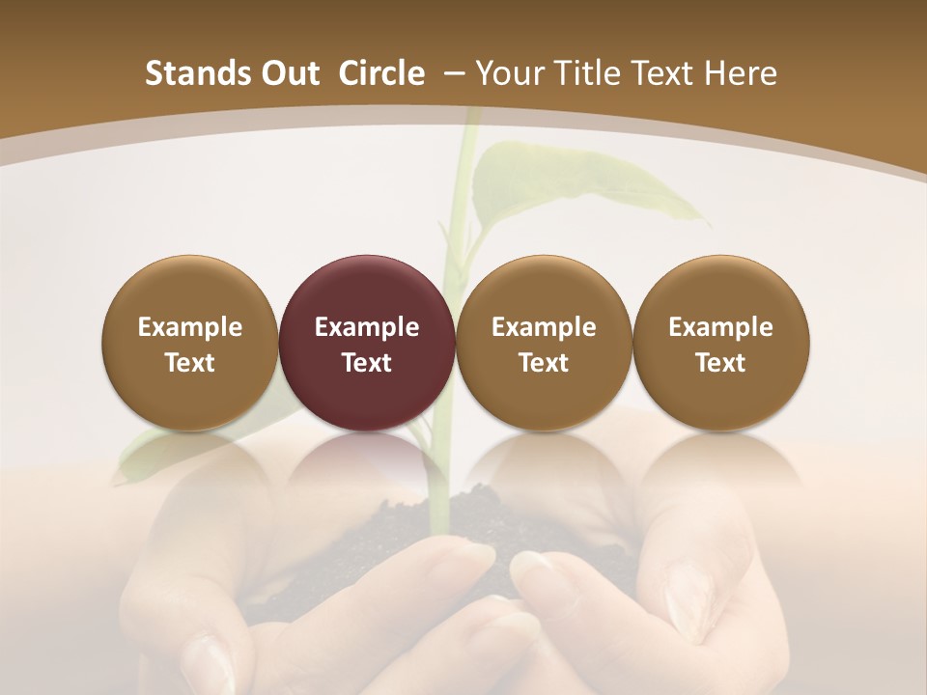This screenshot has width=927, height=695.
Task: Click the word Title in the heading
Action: click(x=583, y=73)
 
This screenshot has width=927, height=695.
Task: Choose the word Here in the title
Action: click(x=740, y=73)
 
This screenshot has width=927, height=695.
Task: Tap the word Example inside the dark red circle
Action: click(x=367, y=327)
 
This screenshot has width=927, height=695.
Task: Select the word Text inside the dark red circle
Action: click(x=367, y=363)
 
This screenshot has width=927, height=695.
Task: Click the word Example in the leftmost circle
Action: click(x=190, y=327)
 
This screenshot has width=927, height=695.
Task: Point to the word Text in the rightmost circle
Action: click(x=720, y=363)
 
